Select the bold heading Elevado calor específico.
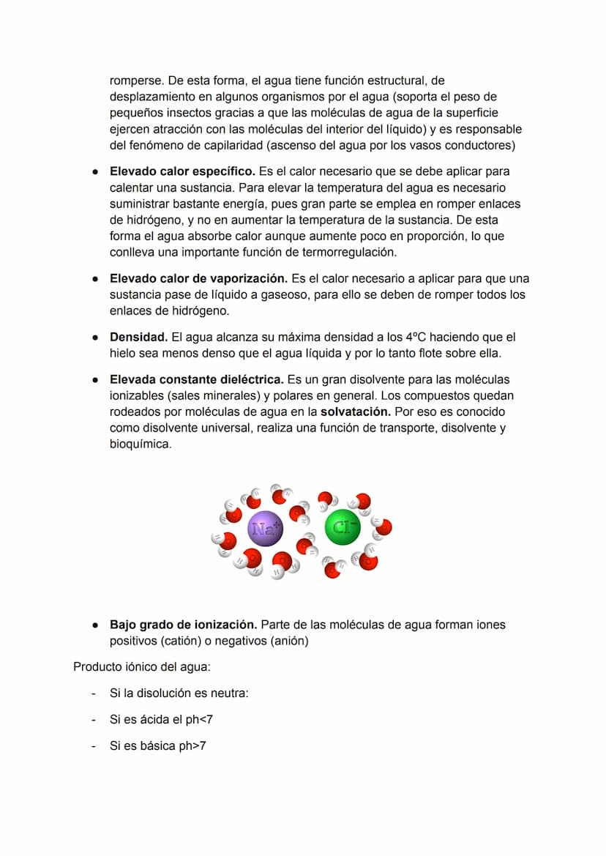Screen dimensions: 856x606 coord(182,171)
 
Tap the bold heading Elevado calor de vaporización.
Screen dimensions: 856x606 coord(198,279)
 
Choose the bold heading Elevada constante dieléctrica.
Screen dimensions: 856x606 coord(197,380)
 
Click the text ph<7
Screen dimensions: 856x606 coord(198,720)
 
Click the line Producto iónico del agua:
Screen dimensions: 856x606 coord(142,666)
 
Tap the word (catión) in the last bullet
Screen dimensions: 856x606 coord(182,641)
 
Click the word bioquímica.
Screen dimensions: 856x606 coord(140,444)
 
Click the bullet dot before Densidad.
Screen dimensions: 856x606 coord(95,338)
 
